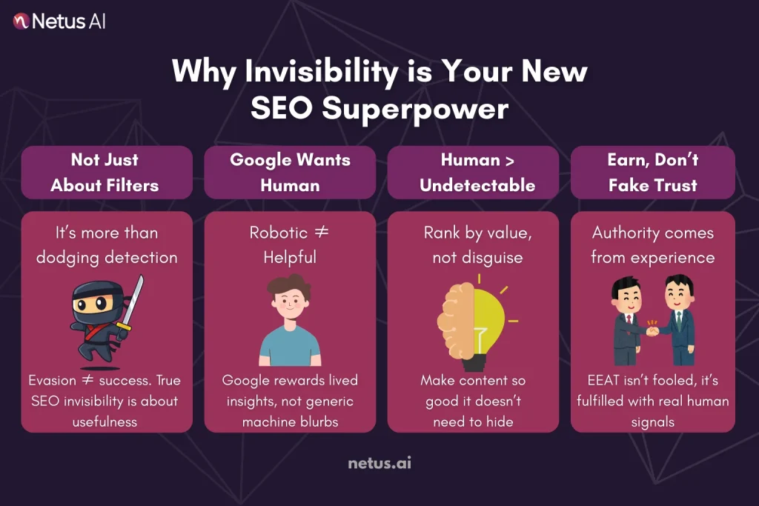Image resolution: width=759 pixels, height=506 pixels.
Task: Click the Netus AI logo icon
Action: (x=22, y=21)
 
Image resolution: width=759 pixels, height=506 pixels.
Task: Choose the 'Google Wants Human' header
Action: (x=290, y=172)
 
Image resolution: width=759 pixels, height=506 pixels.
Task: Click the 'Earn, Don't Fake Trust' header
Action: (x=653, y=172)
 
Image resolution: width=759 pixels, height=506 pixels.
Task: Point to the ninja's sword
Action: (x=136, y=300)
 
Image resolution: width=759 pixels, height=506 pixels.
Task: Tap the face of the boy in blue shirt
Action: (x=290, y=302)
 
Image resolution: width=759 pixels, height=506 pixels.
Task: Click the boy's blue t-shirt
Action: (x=290, y=347)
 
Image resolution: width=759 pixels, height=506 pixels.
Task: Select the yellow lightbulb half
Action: (x=491, y=320)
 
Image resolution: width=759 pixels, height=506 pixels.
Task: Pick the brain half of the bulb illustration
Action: (x=454, y=320)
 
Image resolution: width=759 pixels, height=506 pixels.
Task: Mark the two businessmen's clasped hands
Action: (x=652, y=330)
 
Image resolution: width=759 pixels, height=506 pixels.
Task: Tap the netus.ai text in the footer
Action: (x=379, y=464)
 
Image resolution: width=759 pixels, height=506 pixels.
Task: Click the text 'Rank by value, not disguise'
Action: (x=477, y=245)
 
